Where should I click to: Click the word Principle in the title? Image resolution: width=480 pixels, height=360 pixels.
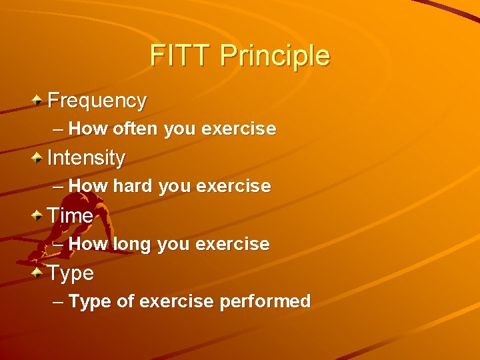[x=275, y=56]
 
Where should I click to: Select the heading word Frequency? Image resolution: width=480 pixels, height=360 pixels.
[x=97, y=101]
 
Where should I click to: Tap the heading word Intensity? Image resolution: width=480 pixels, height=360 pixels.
[x=86, y=158]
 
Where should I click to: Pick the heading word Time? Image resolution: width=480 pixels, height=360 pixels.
[x=70, y=215]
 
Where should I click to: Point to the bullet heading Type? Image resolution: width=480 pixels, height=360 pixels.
[x=71, y=273]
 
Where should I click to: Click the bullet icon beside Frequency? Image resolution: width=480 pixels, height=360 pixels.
[x=39, y=101]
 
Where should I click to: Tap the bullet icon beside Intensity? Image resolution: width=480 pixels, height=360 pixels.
[x=39, y=158]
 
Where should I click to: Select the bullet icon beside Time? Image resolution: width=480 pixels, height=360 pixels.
[x=39, y=215]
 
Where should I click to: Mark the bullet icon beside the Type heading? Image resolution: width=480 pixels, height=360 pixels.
[x=39, y=273]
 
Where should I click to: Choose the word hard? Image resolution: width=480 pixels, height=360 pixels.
[x=133, y=186]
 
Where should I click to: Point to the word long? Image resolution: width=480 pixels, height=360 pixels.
[x=133, y=244]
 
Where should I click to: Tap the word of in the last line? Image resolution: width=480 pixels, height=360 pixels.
[x=125, y=301]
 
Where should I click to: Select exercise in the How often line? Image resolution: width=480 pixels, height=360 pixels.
[x=238, y=129]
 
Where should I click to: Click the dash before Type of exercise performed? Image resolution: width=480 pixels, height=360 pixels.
[x=58, y=301]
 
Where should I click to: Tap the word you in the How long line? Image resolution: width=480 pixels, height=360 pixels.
[x=175, y=244]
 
